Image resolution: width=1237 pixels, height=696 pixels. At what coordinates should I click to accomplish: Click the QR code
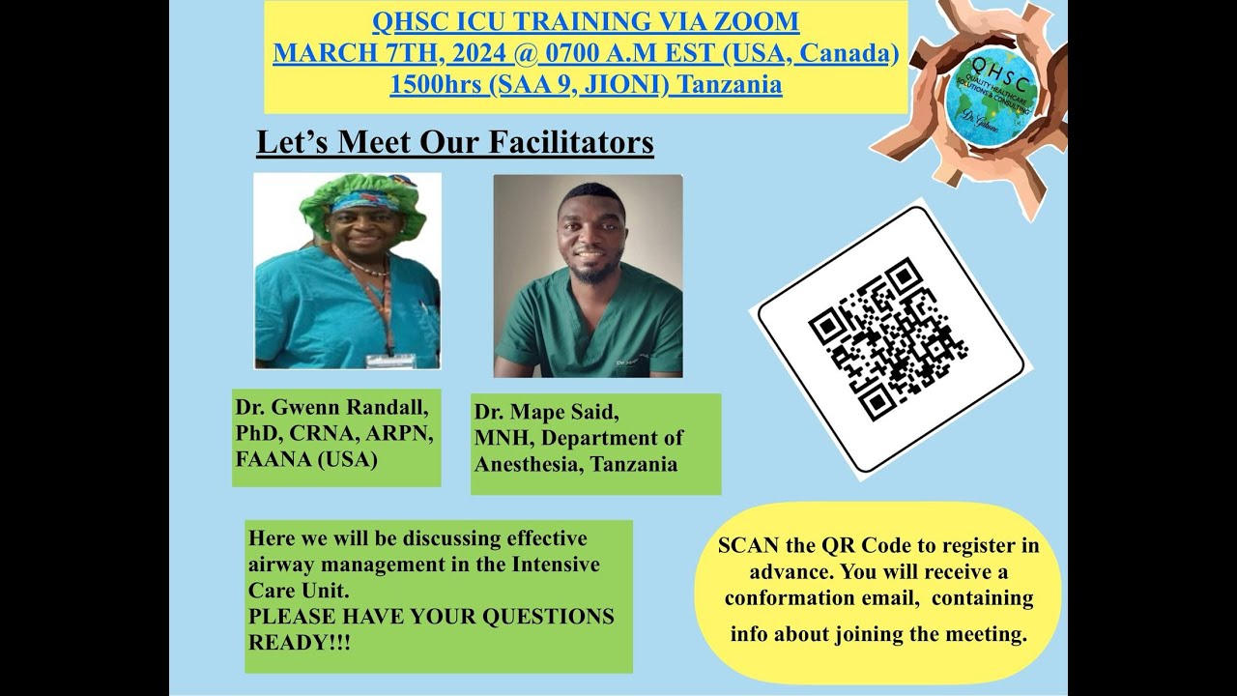click(x=888, y=338)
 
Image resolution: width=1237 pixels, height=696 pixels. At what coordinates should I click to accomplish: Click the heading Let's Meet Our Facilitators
click(x=454, y=142)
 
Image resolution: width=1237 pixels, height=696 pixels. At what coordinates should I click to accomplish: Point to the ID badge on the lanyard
click(x=390, y=360)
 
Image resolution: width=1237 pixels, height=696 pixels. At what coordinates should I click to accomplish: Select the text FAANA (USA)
click(x=305, y=459)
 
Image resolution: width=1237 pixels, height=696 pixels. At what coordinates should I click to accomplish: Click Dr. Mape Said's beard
click(x=589, y=274)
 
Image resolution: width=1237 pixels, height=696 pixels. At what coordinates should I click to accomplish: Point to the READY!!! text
click(x=300, y=641)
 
